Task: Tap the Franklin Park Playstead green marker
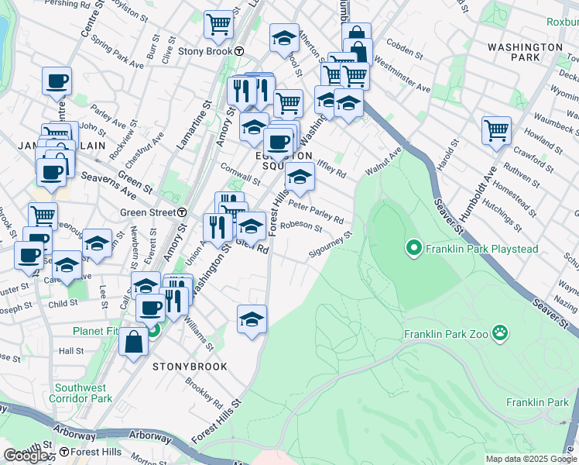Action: (x=413, y=248)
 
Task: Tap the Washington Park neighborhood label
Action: (x=525, y=53)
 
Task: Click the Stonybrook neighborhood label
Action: (x=190, y=366)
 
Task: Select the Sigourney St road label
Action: (x=331, y=243)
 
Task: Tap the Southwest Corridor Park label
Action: (x=81, y=393)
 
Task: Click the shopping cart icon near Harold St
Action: (x=496, y=129)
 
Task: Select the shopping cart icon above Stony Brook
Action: (x=219, y=24)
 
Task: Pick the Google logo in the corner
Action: (x=26, y=456)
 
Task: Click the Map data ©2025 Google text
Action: (x=530, y=459)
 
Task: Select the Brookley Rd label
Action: (x=208, y=394)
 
